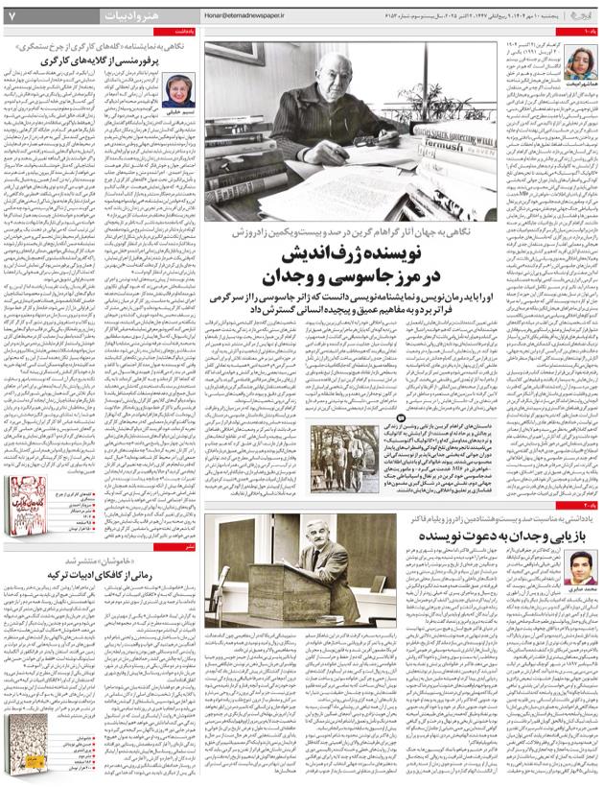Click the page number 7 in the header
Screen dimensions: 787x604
pyautogui.click(x=11, y=15)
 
